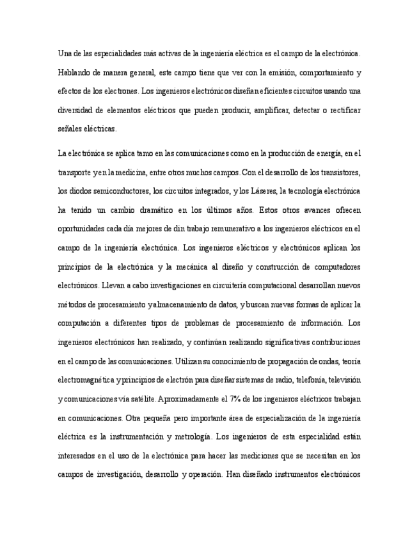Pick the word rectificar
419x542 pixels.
tap(343, 109)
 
